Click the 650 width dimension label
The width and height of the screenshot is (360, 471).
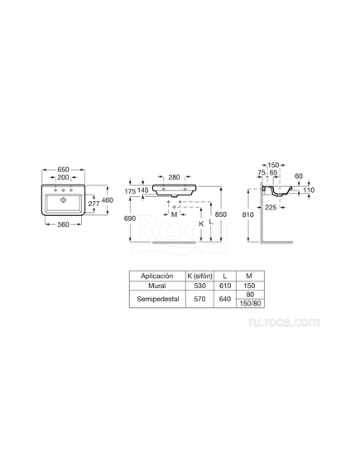click(63, 170)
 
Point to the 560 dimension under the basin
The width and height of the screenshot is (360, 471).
click(63, 224)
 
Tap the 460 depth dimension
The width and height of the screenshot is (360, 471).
click(108, 200)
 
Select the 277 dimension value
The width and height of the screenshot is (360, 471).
click(94, 204)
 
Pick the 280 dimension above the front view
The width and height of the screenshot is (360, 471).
click(174, 177)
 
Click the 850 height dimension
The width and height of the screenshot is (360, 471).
click(221, 214)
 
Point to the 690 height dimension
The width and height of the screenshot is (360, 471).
click(130, 219)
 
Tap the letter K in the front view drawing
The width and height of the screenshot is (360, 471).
click(201, 223)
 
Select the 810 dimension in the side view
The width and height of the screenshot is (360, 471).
click(248, 214)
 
